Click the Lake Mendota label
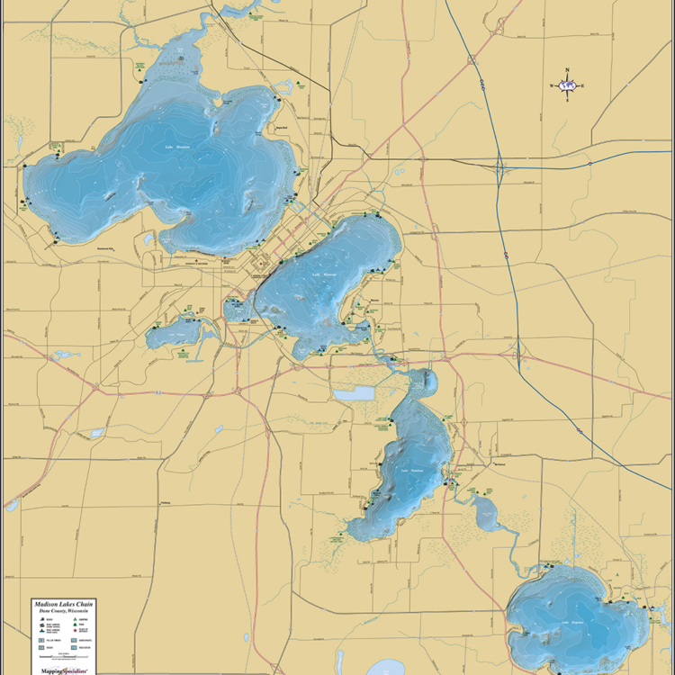[x=177, y=147]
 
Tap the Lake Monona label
[x=324, y=274]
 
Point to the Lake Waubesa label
[x=409, y=470]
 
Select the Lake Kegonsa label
[x=573, y=621]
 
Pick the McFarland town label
[x=500, y=464]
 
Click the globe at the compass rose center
[x=567, y=86]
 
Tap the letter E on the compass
[x=583, y=86]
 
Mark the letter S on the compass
[x=567, y=101]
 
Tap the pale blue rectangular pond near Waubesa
[x=353, y=393]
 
